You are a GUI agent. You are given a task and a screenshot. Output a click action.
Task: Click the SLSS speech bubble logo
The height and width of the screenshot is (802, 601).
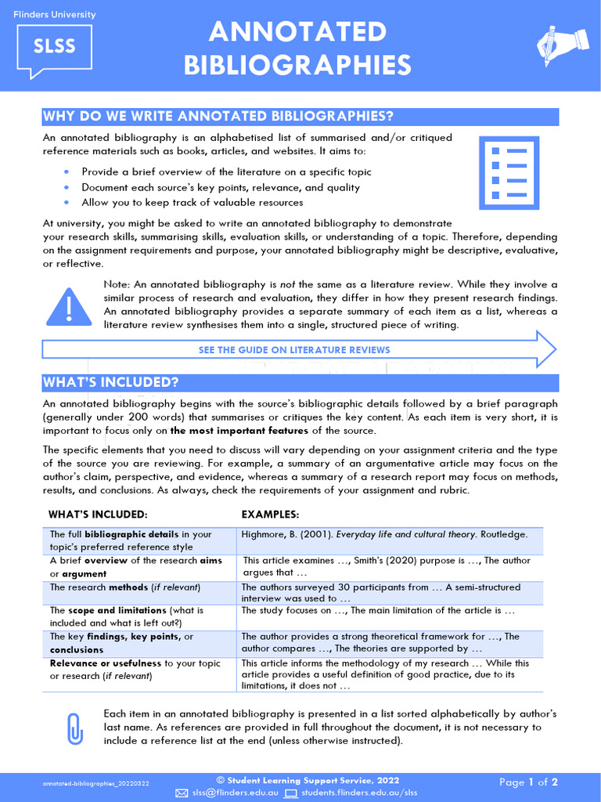point(54,47)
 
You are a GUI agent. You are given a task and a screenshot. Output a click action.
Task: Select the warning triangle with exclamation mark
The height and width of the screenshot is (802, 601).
point(69,306)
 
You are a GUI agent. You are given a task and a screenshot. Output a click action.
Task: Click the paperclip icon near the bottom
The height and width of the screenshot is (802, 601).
point(75,729)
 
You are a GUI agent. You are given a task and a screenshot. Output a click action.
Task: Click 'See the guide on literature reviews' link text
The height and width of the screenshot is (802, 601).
point(294,349)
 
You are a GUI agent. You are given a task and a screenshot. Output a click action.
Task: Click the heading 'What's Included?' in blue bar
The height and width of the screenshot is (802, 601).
point(111,382)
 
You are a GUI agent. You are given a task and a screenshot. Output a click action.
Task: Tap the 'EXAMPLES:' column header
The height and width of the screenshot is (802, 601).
point(270,515)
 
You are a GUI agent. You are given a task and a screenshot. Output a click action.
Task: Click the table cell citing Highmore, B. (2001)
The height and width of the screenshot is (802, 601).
point(384,534)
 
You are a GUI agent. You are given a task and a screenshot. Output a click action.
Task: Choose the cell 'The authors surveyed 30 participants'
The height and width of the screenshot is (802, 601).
point(380,593)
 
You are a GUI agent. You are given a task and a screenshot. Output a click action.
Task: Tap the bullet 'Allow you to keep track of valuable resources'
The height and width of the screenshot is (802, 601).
point(192,202)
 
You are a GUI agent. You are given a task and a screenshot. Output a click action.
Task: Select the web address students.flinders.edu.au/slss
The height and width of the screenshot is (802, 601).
point(361,793)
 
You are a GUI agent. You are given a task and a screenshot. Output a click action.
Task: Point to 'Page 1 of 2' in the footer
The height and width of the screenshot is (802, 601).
point(529,782)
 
